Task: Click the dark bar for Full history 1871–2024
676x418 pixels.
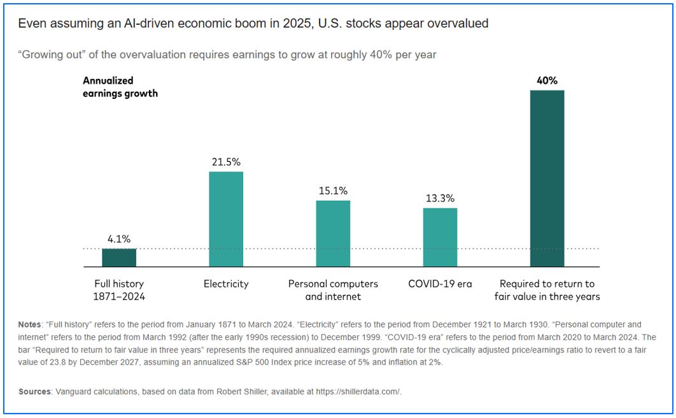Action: (x=119, y=257)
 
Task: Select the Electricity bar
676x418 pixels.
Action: (x=226, y=219)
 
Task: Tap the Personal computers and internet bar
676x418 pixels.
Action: (x=333, y=233)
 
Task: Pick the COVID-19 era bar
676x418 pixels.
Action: (x=440, y=237)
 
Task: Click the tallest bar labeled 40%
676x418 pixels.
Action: (x=547, y=178)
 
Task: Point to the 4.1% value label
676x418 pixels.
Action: (x=119, y=240)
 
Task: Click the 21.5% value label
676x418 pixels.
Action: (x=226, y=162)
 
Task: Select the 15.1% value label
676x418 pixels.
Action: (x=333, y=191)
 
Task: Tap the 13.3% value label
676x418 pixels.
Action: (x=440, y=199)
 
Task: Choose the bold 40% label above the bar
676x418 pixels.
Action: (x=547, y=81)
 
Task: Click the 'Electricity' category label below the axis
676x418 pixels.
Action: (x=226, y=284)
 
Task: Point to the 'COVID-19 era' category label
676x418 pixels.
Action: (x=440, y=284)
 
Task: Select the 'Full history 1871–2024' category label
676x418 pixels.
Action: (x=119, y=290)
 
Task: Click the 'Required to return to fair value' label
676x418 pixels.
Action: (x=547, y=290)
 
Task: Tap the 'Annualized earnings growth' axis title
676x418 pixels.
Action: (x=120, y=87)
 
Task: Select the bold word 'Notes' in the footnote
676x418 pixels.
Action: (x=30, y=324)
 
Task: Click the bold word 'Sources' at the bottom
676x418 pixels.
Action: (x=34, y=392)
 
